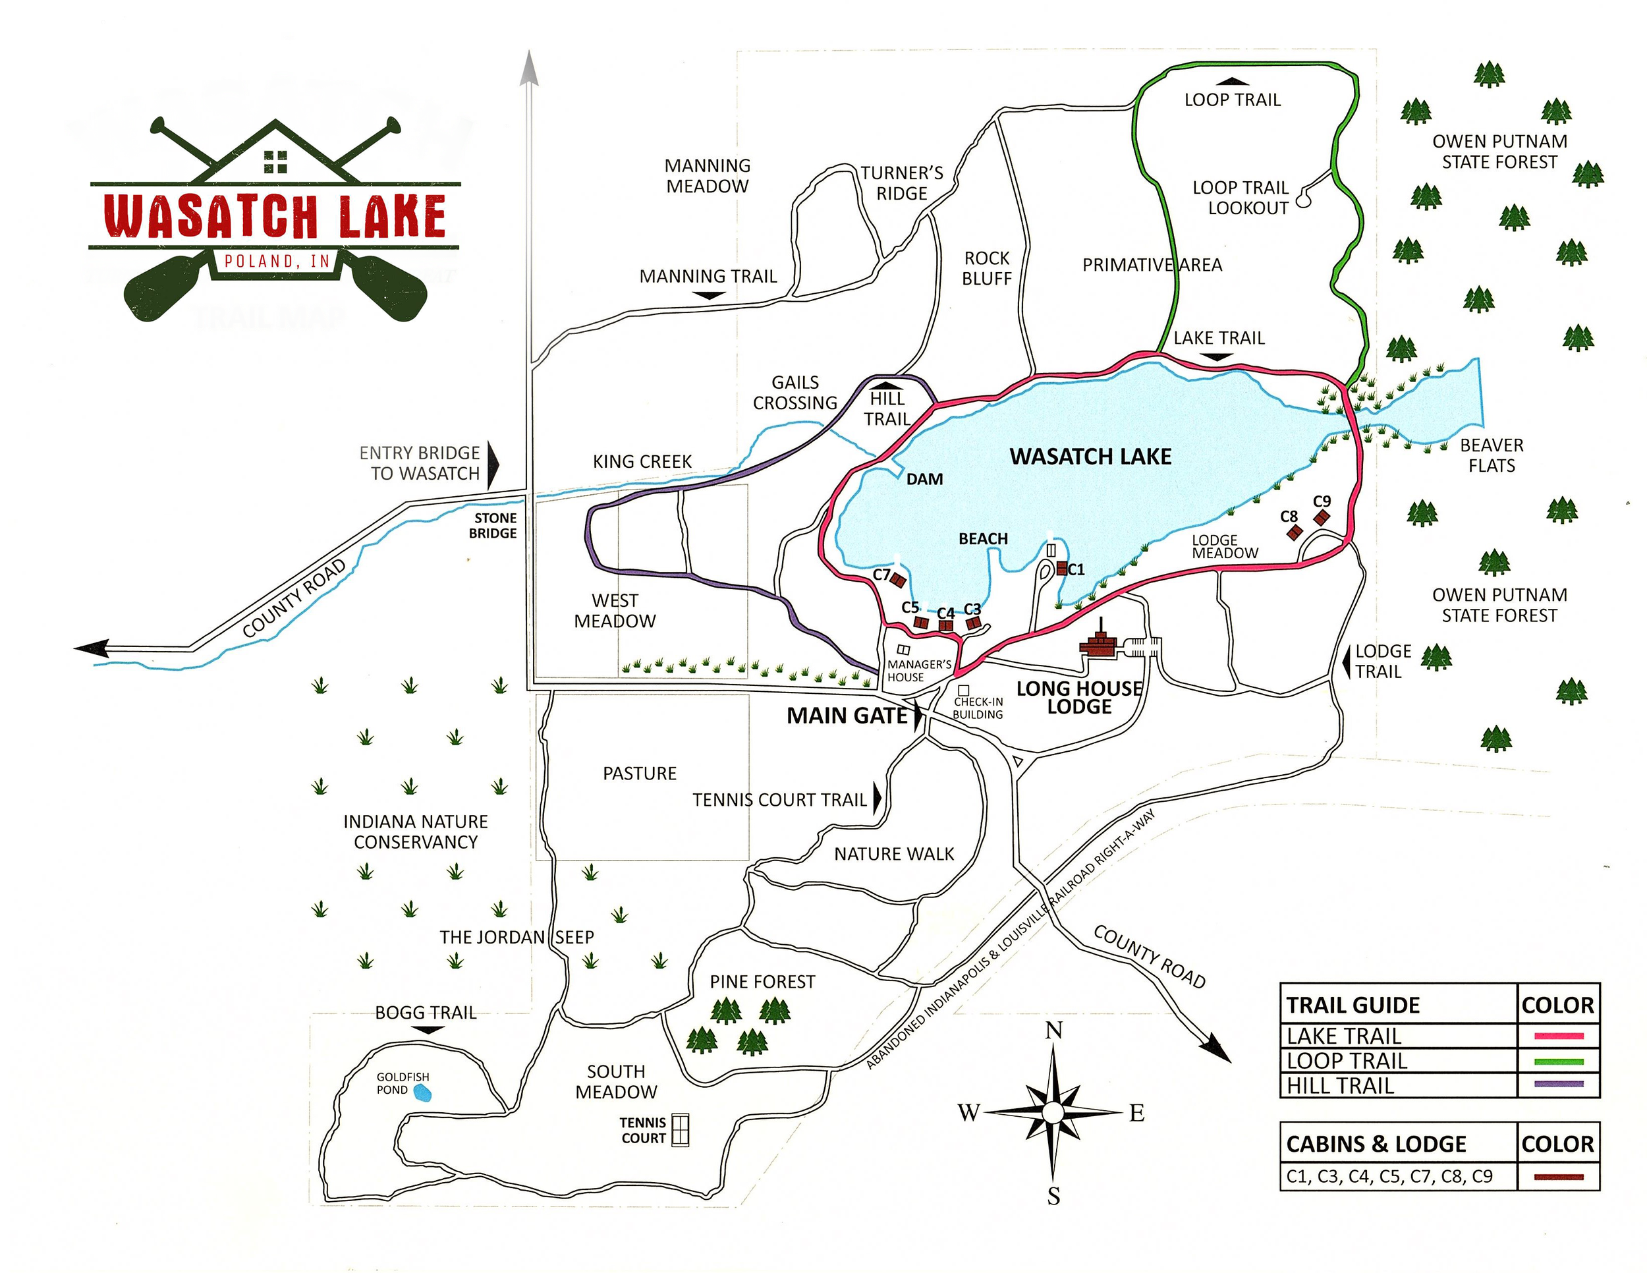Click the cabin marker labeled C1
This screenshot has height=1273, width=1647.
[1062, 569]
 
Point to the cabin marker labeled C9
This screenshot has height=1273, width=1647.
[1321, 517]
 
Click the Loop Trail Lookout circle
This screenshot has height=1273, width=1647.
[1302, 202]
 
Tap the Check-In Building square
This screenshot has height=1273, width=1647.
[963, 690]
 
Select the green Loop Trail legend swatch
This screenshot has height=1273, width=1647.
[1558, 1061]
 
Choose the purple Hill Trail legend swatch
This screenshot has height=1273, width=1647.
[1558, 1085]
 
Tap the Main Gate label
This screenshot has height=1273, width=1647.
[846, 716]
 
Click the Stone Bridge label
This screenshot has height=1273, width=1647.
[494, 526]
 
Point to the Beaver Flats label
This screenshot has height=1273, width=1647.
[1491, 455]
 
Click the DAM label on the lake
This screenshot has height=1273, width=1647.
[924, 479]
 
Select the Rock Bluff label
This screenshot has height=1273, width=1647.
[986, 268]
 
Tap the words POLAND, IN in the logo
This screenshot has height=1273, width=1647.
[277, 262]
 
